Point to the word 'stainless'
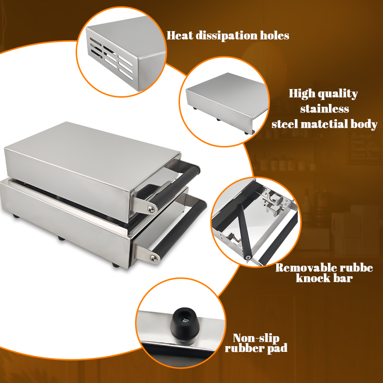point(325,109)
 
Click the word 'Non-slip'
point(256,338)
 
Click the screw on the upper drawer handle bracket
point(151,208)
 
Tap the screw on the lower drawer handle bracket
point(154,258)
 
